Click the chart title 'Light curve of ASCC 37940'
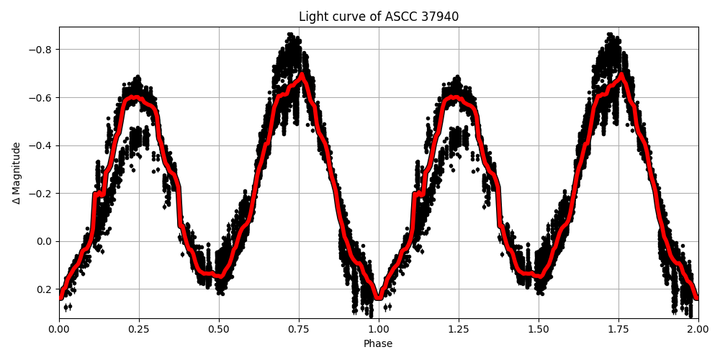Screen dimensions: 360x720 (x=378, y=17)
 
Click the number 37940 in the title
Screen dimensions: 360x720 (x=438, y=17)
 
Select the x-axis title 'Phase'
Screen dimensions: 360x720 (x=378, y=344)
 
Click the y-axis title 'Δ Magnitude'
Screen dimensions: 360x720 (x=17, y=173)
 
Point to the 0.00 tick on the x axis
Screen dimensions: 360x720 (x=59, y=326)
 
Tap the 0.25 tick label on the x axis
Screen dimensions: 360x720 (x=139, y=326)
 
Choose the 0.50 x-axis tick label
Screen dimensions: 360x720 (x=219, y=326)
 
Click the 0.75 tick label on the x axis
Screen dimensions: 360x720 (x=299, y=326)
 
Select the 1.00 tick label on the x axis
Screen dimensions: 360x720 (x=379, y=326)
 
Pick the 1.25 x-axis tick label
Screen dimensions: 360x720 (x=459, y=326)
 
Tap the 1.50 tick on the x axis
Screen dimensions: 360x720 (x=539, y=326)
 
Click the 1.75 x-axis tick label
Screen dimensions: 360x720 (x=618, y=326)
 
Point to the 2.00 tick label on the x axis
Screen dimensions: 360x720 (x=698, y=326)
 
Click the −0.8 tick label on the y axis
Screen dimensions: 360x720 (x=41, y=50)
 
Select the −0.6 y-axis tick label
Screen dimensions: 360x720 (x=41, y=98)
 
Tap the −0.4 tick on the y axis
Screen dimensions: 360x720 (x=41, y=145)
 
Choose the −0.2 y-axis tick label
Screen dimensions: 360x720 (x=41, y=194)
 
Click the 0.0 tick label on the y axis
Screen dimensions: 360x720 (x=45, y=241)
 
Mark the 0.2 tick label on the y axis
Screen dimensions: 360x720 (x=45, y=289)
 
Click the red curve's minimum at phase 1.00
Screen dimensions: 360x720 (x=379, y=296)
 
